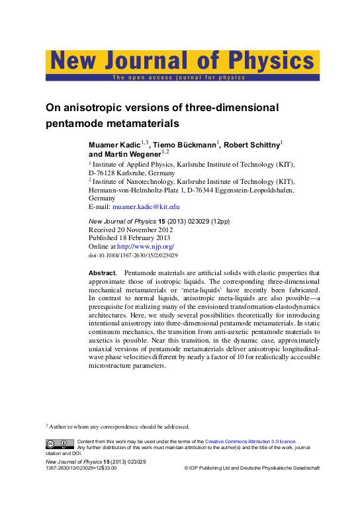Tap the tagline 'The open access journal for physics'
[x=179, y=77]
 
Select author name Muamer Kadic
[x=114, y=145]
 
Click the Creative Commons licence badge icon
[x=59, y=443]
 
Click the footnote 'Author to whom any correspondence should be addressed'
[x=119, y=426]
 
